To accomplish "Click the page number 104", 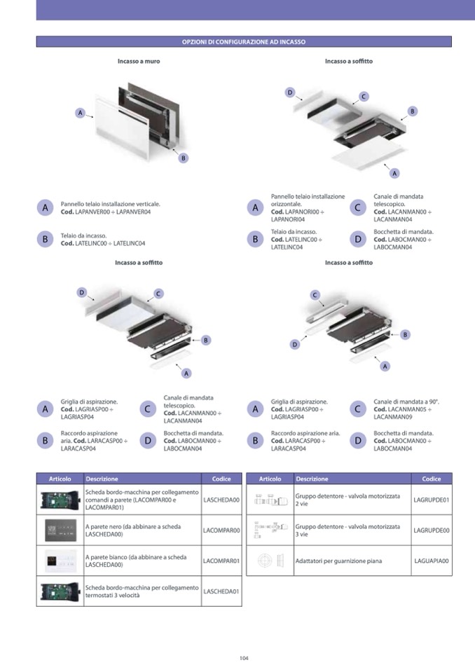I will [244, 657].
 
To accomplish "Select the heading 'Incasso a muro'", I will [139, 62].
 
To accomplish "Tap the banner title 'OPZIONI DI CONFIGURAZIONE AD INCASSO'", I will [244, 42].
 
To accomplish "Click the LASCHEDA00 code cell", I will [221, 500].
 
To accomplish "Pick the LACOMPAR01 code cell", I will [221, 561].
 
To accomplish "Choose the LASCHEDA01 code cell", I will [221, 591].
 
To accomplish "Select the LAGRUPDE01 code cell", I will [432, 500].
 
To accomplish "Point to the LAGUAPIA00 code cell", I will [432, 561].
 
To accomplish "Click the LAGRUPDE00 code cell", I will [432, 530].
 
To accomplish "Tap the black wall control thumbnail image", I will [60, 530].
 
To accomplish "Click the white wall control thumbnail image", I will [60, 561].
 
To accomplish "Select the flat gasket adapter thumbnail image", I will [269, 561].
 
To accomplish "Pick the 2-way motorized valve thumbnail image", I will [269, 500].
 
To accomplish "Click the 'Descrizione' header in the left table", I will [102, 479].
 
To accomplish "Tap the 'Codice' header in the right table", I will [432, 479].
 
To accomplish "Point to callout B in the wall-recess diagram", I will [183, 158].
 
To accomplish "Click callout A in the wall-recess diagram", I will [81, 112].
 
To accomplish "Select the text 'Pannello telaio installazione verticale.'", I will [111, 204].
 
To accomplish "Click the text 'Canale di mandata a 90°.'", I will [406, 402].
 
